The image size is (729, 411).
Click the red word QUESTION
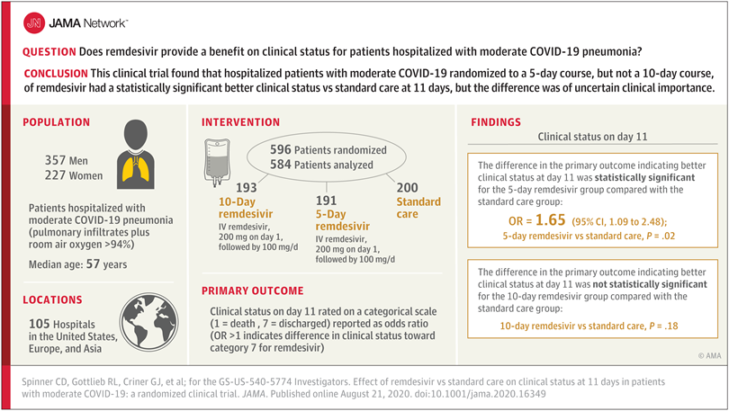[49, 53]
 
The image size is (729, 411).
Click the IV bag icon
[221, 167]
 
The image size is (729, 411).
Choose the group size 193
[247, 188]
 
